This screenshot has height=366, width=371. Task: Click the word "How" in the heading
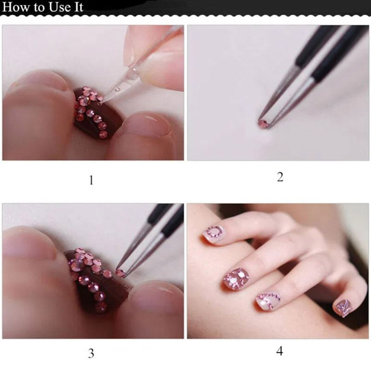(16, 7)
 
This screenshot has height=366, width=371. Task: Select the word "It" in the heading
(78, 7)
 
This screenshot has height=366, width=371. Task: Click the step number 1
(91, 180)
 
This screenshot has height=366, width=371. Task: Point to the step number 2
(280, 177)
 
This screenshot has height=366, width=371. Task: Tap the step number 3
(91, 354)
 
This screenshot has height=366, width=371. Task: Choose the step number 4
(280, 351)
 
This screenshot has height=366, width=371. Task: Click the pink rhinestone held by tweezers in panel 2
(263, 124)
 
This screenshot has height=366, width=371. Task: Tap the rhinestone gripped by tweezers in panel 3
(121, 273)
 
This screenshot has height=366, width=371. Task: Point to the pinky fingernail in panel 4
(343, 308)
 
